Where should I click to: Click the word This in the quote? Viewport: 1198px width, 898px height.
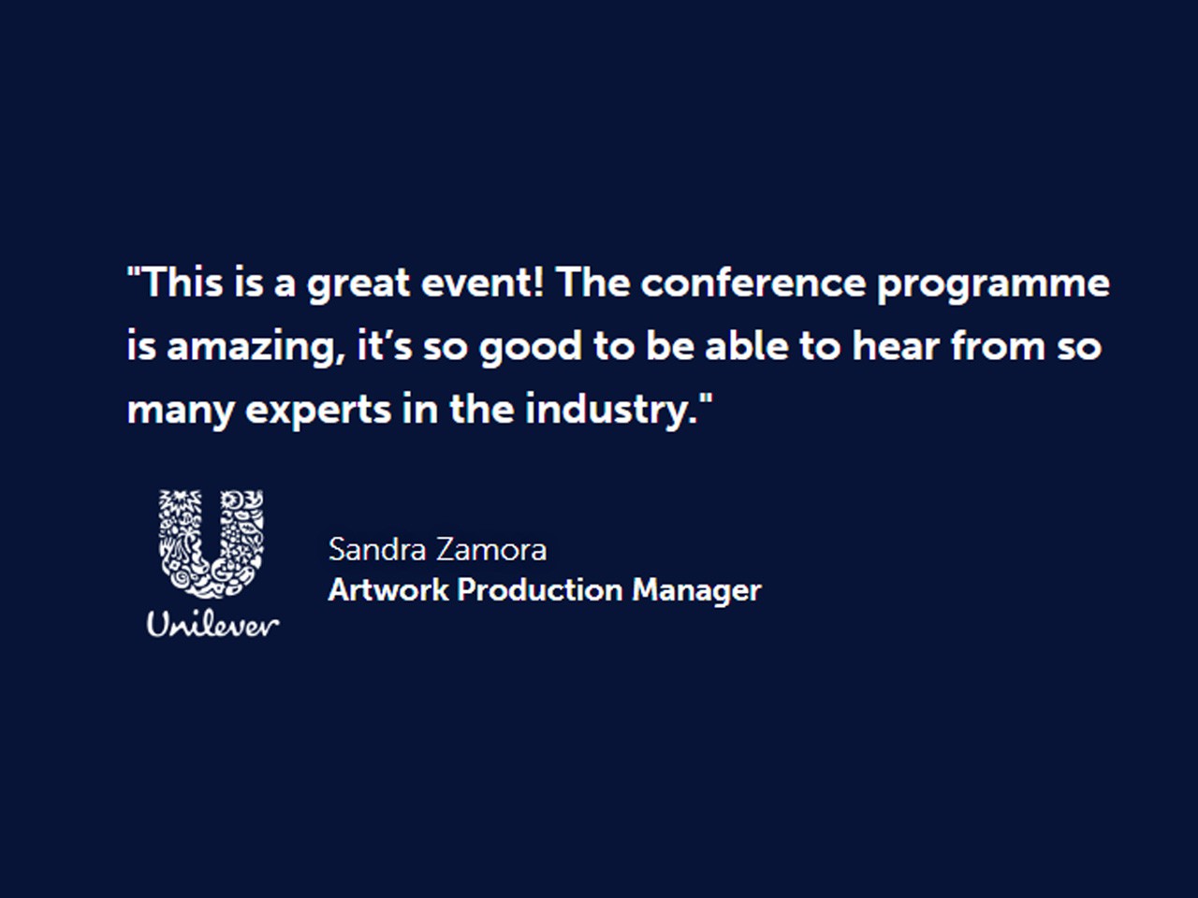(183, 282)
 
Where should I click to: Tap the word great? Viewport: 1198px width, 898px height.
(358, 284)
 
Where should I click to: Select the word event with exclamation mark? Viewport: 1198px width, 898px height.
(483, 282)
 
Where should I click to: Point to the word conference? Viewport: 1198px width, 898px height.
(753, 282)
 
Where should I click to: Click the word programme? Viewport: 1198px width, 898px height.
(993, 284)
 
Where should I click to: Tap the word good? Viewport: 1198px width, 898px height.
(531, 348)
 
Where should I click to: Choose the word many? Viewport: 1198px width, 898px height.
(180, 412)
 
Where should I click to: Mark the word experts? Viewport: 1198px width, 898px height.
(318, 412)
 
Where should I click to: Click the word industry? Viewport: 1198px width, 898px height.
(612, 410)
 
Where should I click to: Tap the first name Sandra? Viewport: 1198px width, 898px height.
(377, 549)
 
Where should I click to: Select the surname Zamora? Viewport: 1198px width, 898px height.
(491, 549)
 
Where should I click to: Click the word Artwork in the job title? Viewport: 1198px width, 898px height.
(388, 590)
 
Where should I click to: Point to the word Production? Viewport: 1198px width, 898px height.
(540, 590)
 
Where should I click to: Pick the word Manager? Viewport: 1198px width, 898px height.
(697, 591)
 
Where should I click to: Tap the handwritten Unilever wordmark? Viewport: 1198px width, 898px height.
(212, 624)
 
